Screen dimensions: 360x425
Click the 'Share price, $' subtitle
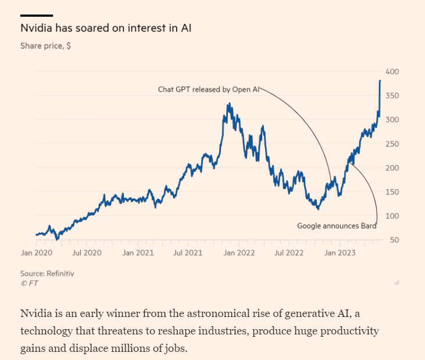click(x=45, y=45)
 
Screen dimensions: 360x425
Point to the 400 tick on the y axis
click(x=391, y=72)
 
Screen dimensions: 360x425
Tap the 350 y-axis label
click(x=391, y=96)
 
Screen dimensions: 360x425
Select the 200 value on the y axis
click(x=391, y=168)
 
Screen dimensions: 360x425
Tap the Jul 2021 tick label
click(x=187, y=253)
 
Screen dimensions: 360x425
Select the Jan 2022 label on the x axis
click(x=239, y=253)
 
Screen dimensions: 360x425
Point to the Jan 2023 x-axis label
click(x=340, y=253)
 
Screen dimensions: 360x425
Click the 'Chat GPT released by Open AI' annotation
click(x=208, y=90)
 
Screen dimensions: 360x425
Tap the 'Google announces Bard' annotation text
click(x=337, y=226)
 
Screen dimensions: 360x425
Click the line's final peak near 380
click(x=380, y=81)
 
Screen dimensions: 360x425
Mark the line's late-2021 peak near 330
click(x=228, y=104)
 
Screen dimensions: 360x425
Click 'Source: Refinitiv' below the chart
click(x=47, y=273)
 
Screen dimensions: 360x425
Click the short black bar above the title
click(x=37, y=15)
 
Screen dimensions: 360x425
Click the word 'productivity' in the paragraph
click(x=351, y=331)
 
